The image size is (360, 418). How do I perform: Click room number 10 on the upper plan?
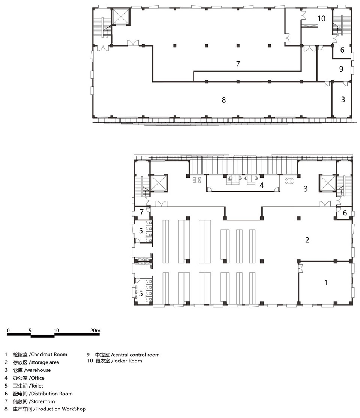point(321,18)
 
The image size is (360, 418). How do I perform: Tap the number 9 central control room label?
point(341,69)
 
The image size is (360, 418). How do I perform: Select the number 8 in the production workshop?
point(224,100)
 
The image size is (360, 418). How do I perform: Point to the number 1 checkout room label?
point(326,282)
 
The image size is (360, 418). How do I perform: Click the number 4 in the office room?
point(262,185)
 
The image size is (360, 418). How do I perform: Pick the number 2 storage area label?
point(307,240)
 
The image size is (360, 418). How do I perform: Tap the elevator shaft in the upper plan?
point(120,17)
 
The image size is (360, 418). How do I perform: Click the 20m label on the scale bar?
point(95,331)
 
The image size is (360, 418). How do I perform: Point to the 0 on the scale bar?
point(8,331)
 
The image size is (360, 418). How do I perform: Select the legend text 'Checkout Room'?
point(49,355)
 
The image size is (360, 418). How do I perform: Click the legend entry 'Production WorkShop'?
point(61,409)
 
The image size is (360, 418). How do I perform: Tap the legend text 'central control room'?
point(136,355)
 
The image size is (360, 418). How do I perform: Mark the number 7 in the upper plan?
point(238,64)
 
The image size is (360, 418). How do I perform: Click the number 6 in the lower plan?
point(345,213)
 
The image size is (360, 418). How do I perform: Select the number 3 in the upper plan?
point(343,99)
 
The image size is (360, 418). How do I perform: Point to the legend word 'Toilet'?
point(37,386)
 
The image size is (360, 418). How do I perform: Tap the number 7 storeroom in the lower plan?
point(141,212)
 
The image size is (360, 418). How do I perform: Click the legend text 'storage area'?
point(45,362)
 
